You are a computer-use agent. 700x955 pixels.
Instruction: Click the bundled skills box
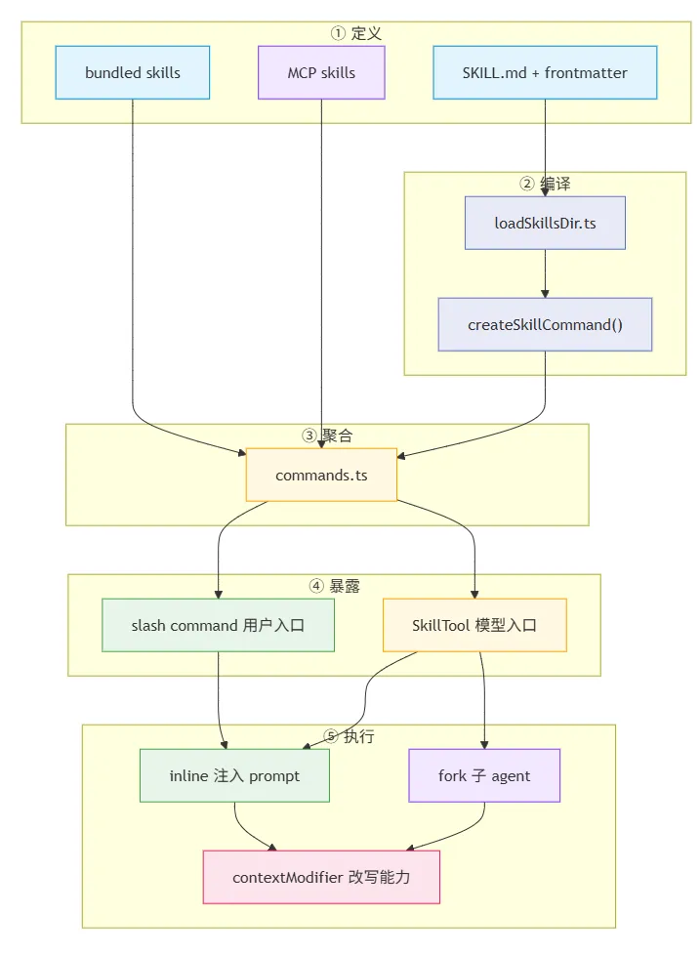tap(133, 72)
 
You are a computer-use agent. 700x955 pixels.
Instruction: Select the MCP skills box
tap(321, 72)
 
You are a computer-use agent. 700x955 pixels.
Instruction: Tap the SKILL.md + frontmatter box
tap(545, 72)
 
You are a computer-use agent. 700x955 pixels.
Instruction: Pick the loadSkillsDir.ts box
tap(545, 223)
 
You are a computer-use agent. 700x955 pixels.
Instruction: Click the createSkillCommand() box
tap(545, 324)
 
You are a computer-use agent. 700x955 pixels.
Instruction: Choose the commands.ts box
tap(321, 476)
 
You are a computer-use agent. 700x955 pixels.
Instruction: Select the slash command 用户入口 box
tap(218, 626)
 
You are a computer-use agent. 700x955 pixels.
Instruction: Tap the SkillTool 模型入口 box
tap(474, 626)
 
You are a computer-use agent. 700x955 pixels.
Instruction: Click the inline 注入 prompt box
tap(234, 776)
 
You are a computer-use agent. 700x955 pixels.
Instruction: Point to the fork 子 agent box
tap(484, 776)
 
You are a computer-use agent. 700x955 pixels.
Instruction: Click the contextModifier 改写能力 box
tap(321, 878)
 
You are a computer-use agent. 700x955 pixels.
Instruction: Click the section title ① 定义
tap(356, 33)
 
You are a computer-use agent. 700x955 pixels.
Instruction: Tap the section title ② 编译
tap(545, 184)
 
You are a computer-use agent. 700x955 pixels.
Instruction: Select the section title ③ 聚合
tap(327, 436)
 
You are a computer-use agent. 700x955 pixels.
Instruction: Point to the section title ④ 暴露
tap(334, 587)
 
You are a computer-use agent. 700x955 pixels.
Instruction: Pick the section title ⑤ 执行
tap(349, 737)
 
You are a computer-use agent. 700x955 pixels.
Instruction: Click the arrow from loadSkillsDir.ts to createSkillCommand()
tap(545, 274)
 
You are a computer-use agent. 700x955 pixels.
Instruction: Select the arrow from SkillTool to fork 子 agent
tap(484, 700)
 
